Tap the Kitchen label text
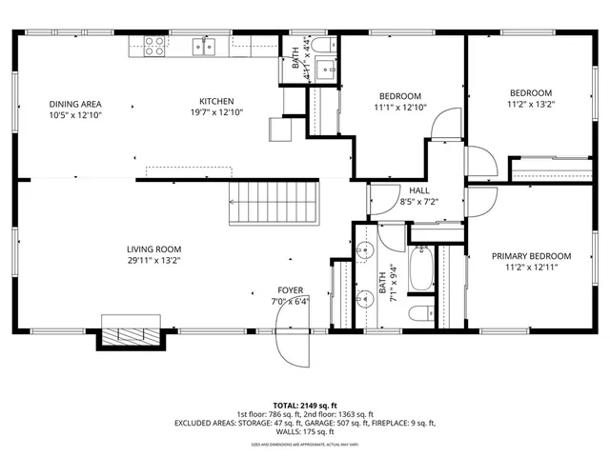(216, 102)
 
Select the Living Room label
(154, 250)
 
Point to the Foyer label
(291, 289)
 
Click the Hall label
(419, 190)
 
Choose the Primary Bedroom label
(531, 256)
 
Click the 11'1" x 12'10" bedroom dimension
(400, 108)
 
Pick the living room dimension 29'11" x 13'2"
(154, 261)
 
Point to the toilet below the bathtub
(418, 313)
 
